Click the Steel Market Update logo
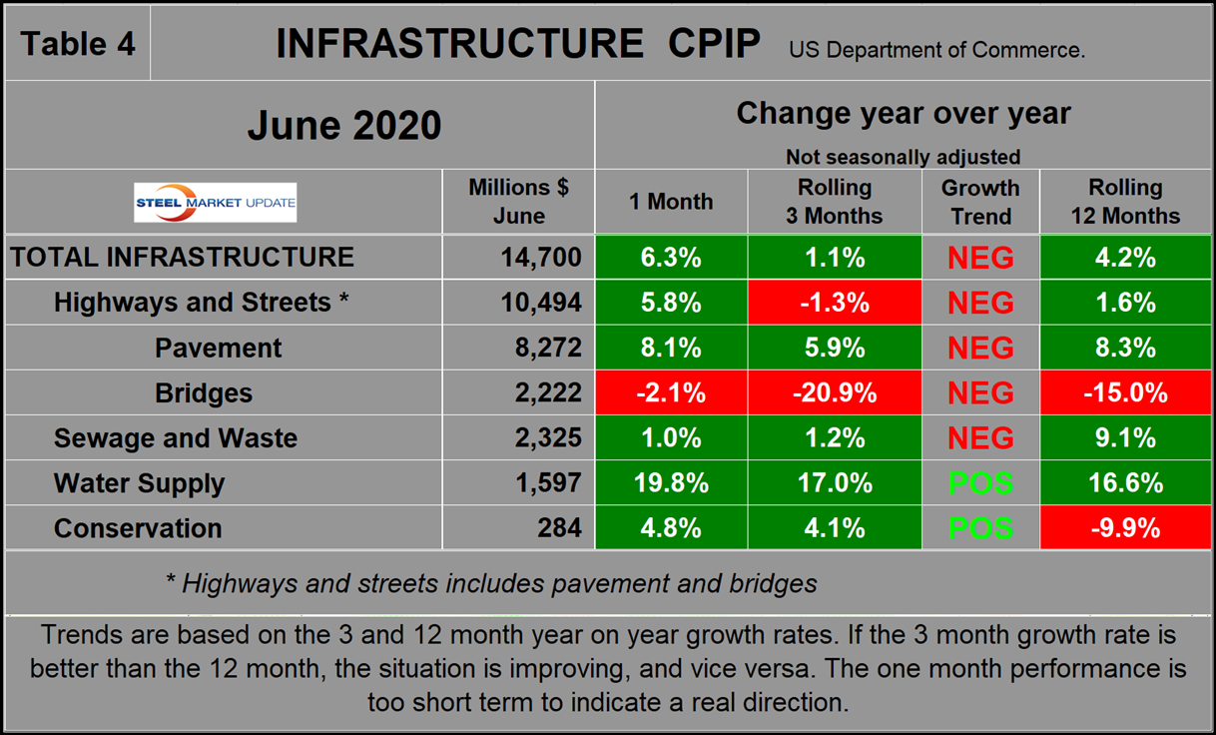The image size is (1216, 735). click(x=216, y=203)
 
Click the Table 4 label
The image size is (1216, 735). click(x=78, y=44)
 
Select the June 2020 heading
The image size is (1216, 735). click(x=343, y=126)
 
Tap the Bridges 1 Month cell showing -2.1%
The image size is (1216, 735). click(x=671, y=393)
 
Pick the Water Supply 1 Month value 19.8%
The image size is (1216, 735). click(x=671, y=483)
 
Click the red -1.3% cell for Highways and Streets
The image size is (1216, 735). click(x=835, y=303)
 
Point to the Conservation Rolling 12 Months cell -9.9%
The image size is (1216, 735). click(x=1125, y=528)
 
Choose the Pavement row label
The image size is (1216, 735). click(x=218, y=349)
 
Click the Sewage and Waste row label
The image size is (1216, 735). click(x=175, y=438)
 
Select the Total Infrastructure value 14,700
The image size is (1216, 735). click(x=541, y=258)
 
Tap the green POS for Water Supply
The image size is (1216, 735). click(x=980, y=483)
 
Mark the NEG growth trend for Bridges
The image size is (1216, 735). click(x=980, y=393)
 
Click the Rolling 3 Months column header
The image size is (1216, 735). click(x=835, y=202)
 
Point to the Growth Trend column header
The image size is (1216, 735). click(x=980, y=202)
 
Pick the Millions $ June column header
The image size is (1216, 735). click(x=518, y=202)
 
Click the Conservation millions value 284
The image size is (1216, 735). click(x=560, y=528)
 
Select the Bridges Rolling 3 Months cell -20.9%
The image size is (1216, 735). click(x=835, y=393)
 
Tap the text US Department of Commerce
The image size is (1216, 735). click(x=936, y=49)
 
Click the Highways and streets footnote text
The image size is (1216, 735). click(x=491, y=583)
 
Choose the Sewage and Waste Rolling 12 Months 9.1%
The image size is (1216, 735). click(x=1125, y=438)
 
